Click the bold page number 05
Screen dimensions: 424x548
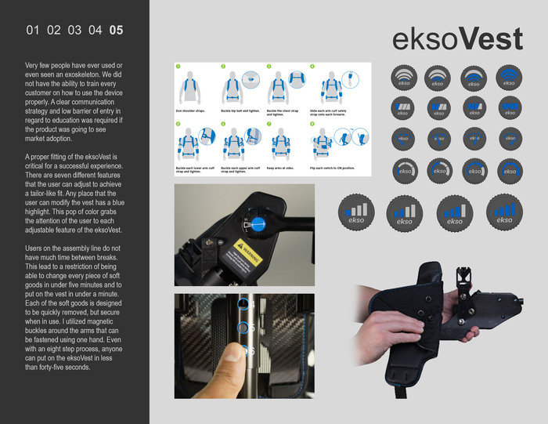tap(116, 31)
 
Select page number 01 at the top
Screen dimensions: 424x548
tap(33, 31)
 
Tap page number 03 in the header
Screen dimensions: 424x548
tap(74, 31)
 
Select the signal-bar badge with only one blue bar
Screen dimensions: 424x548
tap(355, 212)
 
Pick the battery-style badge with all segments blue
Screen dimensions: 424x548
tap(509, 107)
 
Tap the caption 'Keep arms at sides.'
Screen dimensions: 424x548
tap(282, 168)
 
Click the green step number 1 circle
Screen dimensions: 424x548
tap(179, 67)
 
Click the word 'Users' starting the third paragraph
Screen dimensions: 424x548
tap(36, 248)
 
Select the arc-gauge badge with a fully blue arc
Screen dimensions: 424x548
tap(509, 169)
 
